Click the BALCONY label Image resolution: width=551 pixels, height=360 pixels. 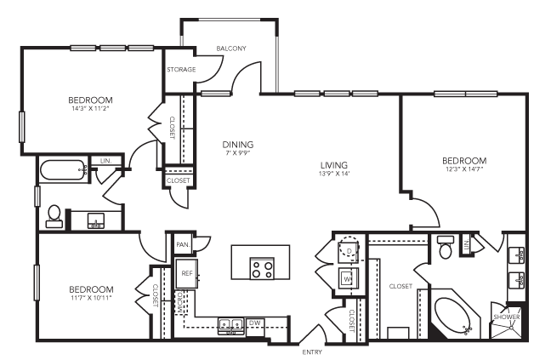click(231, 49)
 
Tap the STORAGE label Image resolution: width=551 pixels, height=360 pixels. click(181, 69)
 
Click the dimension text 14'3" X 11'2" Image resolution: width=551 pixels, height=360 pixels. click(93, 109)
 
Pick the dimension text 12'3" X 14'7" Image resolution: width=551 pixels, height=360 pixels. click(464, 169)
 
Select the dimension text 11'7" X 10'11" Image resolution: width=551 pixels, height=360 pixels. click(91, 298)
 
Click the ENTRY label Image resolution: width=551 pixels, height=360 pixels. click(311, 351)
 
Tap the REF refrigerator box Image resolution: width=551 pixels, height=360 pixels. click(187, 273)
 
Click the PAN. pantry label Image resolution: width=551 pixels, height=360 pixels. click(182, 245)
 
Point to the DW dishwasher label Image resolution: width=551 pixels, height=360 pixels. click(255, 323)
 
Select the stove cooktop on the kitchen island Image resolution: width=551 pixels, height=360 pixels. click(261, 269)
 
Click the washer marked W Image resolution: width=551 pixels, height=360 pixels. click(348, 278)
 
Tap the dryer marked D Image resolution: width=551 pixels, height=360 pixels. click(348, 250)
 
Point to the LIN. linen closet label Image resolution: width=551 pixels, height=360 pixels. click(106, 160)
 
